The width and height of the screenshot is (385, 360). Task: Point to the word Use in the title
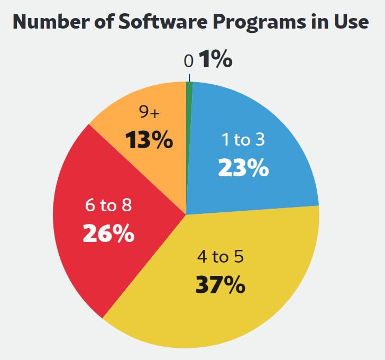[350, 22]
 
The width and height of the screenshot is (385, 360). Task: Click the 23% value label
[244, 168]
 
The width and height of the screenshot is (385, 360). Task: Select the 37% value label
[220, 285]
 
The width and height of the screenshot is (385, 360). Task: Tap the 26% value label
[108, 233]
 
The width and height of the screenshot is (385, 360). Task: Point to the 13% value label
[149, 140]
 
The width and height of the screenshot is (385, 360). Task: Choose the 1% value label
[216, 60]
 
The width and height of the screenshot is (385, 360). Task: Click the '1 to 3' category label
[243, 140]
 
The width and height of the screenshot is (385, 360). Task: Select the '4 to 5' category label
[219, 257]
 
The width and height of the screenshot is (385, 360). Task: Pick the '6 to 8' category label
[108, 205]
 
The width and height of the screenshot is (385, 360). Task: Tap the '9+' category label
[149, 112]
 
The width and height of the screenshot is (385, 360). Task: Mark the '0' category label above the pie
[189, 61]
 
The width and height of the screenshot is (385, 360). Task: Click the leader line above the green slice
[189, 77]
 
